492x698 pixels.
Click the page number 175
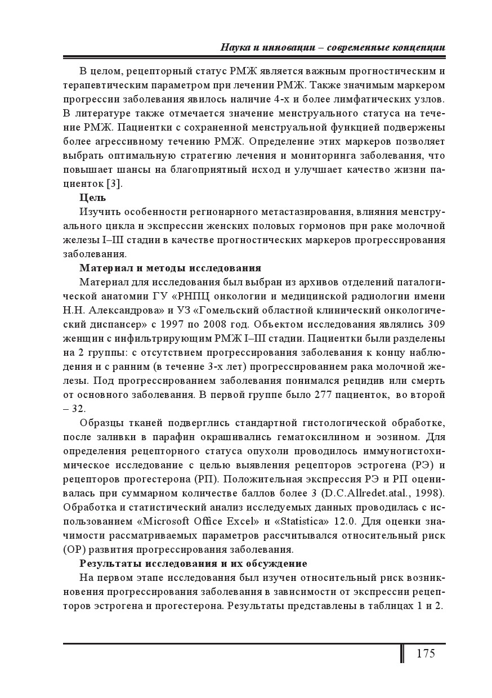click(x=426, y=653)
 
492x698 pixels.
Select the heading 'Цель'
click(x=92, y=198)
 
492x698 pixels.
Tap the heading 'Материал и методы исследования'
click(x=170, y=267)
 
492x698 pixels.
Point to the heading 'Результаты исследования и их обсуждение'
click(x=193, y=563)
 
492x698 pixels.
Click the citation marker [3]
click(x=114, y=184)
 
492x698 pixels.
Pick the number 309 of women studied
click(x=436, y=324)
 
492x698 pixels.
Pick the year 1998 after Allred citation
click(x=430, y=493)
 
